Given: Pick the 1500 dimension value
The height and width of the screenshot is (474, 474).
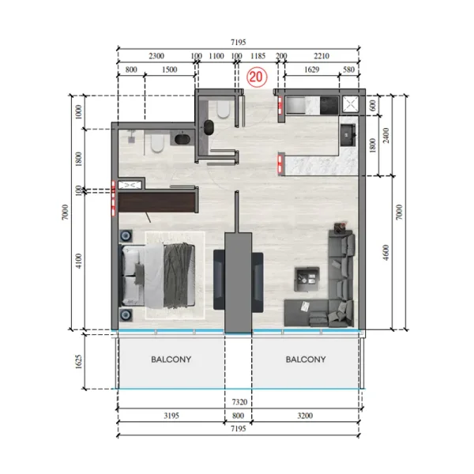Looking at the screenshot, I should [168, 70].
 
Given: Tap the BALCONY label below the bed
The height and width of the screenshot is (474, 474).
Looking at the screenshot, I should [171, 359].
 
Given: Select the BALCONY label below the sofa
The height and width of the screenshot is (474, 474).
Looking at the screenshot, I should [305, 359].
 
